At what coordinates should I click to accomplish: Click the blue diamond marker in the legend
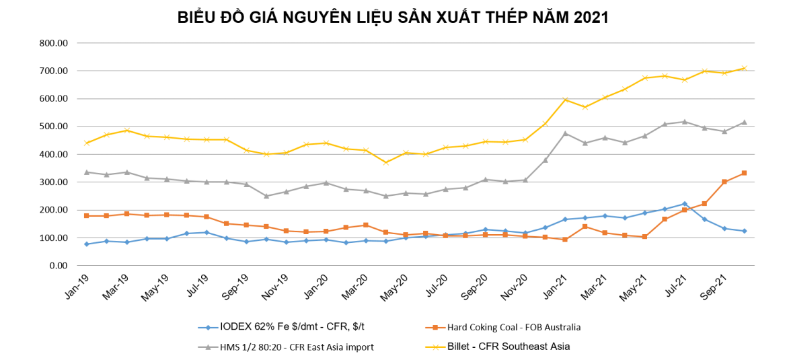coord(208,328)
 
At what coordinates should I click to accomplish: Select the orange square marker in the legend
coord(435,328)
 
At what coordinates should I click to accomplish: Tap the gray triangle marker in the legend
coord(208,347)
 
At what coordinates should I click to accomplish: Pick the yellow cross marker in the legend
coord(435,347)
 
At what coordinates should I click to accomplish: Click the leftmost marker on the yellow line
coord(87,143)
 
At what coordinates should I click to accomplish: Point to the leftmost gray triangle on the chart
coord(87,172)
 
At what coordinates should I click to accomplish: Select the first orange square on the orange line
coord(87,215)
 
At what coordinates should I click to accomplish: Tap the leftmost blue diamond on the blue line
coord(87,244)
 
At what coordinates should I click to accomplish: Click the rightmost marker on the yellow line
coord(744,68)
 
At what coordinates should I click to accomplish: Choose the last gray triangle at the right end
coord(744,122)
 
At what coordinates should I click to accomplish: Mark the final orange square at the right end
coord(744,173)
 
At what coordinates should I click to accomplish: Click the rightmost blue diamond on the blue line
coord(744,231)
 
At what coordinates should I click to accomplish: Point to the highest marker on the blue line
coord(685,203)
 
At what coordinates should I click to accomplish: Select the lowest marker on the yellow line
coord(385,162)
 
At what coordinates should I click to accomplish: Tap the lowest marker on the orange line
coord(565,240)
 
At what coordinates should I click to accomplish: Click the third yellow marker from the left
coord(126,130)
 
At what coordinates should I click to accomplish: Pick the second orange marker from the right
coord(724,182)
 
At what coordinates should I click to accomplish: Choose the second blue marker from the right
coord(724,229)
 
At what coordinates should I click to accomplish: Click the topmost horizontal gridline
coord(416,43)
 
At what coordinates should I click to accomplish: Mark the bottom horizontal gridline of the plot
coord(416,265)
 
